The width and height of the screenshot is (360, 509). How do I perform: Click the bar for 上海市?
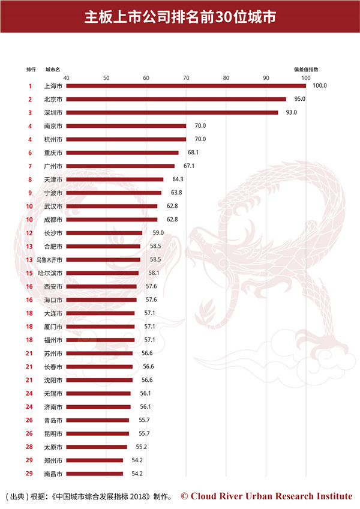tap(186, 86)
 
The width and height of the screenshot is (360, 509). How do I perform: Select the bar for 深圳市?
tap(172, 112)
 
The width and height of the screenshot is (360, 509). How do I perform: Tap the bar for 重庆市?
tap(122, 152)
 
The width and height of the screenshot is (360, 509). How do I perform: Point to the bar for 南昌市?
tap(94, 474)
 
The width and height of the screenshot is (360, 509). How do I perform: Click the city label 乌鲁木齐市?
tap(49, 259)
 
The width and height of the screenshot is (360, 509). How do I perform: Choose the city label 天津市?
tap(53, 179)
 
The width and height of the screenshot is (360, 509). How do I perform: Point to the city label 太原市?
tap(53, 447)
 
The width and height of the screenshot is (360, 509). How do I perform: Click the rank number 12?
tap(29, 233)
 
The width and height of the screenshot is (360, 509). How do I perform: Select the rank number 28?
tap(29, 447)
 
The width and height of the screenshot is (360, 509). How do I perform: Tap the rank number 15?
tap(29, 273)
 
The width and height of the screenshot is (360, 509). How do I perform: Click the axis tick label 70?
tap(186, 77)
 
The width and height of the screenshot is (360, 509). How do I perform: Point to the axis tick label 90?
tap(266, 77)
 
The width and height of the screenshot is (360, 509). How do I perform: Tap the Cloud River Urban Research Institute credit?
tap(266, 496)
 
